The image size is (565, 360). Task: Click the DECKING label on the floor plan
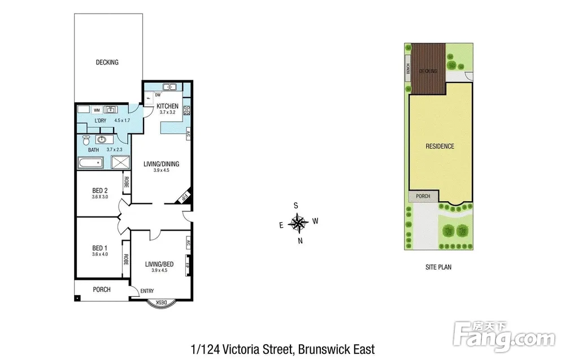[x=107, y=62]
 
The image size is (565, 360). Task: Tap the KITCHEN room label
[x=167, y=106]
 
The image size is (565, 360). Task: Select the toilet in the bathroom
[x=86, y=140]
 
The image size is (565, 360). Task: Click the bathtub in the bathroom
[x=91, y=163]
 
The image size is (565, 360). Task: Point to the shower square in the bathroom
[x=120, y=162]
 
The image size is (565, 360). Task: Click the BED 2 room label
[x=100, y=190]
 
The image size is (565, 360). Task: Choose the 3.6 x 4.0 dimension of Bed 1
[x=100, y=254]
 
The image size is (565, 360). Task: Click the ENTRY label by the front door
[x=147, y=291]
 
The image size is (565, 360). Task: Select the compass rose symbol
[x=298, y=223]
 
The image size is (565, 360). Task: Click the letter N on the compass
[x=300, y=241]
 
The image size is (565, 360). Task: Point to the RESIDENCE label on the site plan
[x=440, y=146]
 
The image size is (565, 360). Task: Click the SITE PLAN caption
[x=438, y=267]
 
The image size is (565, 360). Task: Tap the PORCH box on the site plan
[x=423, y=196]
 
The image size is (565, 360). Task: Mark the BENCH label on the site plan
[x=408, y=68]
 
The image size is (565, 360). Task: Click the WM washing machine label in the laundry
[x=97, y=110]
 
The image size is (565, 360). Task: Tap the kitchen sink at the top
[x=169, y=87]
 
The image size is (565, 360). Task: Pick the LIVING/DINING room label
[x=161, y=164]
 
